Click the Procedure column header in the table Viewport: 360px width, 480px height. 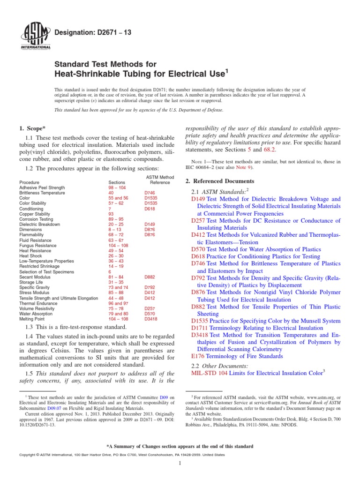30,182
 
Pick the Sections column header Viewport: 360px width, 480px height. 116,182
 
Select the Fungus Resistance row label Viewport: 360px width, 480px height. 38,246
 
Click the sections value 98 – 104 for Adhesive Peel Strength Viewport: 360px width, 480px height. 118,187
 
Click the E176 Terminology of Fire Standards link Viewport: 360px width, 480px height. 237,356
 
